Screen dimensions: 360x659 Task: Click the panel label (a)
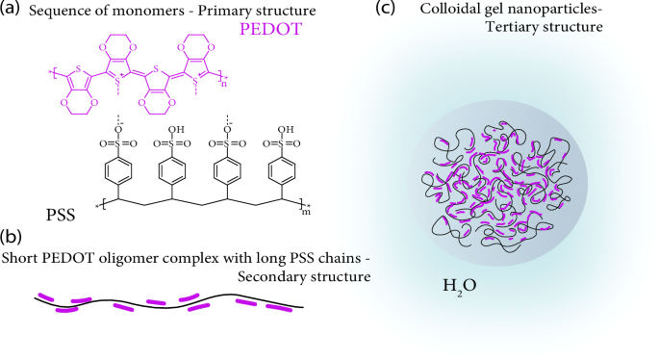[13, 11]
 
